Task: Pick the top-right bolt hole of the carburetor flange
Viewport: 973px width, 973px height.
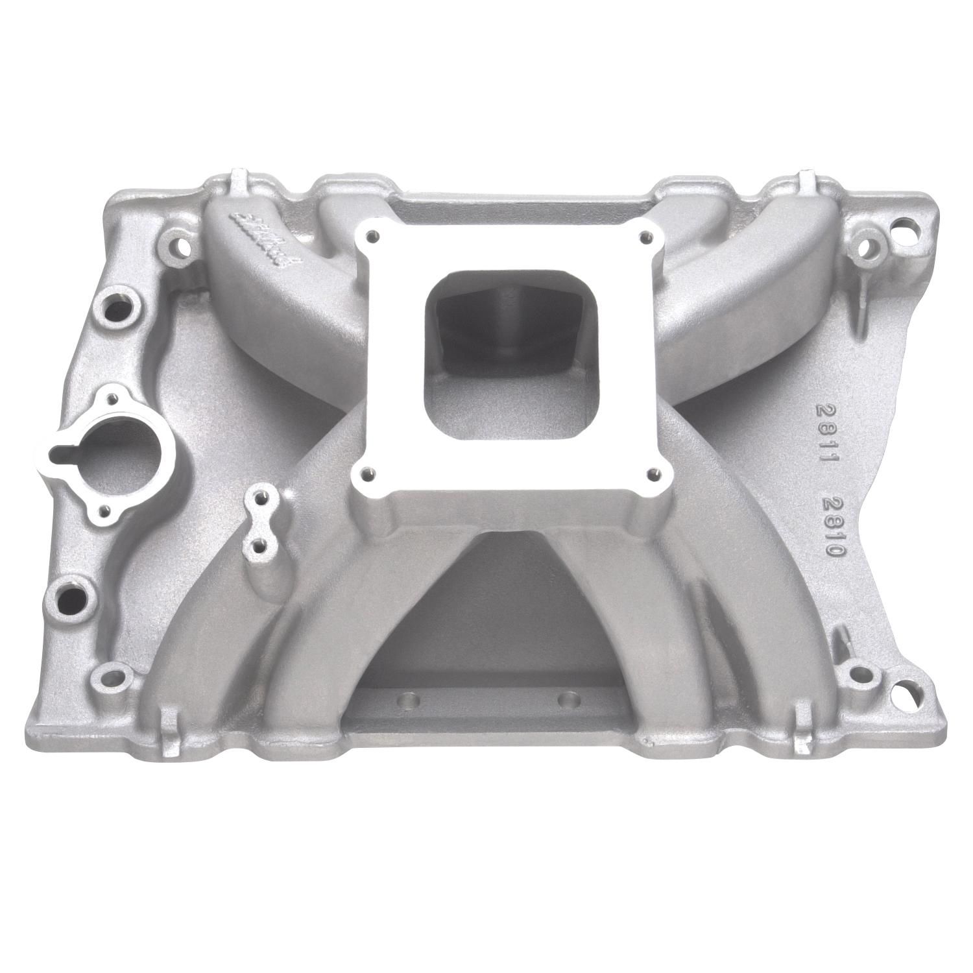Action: [x=644, y=238]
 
